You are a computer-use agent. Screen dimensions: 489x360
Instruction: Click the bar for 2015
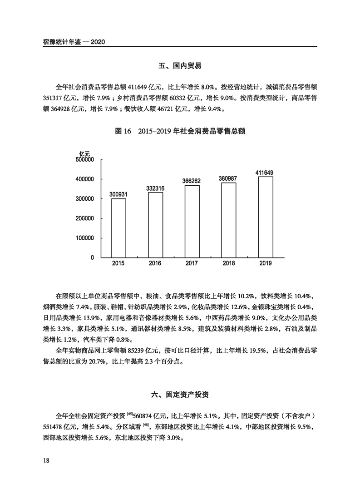coord(118,228)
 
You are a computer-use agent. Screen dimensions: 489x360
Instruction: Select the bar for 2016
coord(155,225)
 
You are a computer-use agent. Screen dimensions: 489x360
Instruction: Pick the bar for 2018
coord(229,220)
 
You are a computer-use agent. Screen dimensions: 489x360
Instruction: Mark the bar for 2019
coord(266,217)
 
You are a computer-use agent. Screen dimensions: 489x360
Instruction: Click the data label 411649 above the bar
coord(266,173)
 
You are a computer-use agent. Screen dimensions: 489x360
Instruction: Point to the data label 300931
coord(118,194)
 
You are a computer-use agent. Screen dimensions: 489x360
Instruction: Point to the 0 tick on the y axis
coord(92,257)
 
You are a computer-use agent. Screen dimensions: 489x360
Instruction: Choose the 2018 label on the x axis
coord(229,264)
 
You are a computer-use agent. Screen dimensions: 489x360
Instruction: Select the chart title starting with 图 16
coord(180,131)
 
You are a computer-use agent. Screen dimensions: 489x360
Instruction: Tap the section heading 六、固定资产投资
coord(180,395)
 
